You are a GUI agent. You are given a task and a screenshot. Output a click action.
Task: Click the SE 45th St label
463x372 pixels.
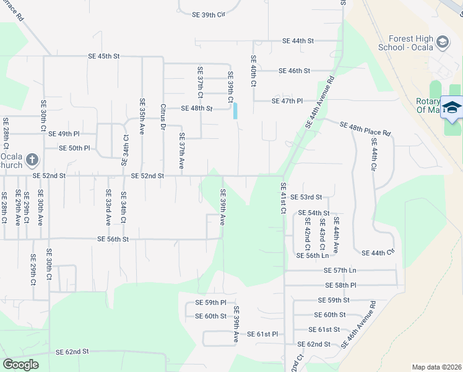tap(103, 56)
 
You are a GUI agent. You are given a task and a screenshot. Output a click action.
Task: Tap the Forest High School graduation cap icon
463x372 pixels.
tap(442, 43)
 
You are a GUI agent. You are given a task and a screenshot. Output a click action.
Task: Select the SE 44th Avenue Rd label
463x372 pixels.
tap(319, 103)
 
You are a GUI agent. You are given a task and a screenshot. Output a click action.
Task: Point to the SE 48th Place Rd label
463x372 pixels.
tap(365, 129)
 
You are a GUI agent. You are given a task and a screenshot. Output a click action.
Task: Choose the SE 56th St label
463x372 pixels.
tap(113, 239)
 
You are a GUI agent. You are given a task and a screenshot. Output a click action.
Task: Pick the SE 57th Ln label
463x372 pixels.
tap(340, 270)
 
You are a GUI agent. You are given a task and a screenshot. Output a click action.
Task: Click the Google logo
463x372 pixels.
tap(20, 365)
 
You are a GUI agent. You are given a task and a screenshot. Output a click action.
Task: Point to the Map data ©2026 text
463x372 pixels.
tap(436, 367)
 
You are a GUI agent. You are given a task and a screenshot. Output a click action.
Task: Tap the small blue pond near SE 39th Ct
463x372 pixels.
tap(235, 111)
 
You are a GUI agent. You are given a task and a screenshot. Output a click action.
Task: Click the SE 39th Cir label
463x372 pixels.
tap(209, 14)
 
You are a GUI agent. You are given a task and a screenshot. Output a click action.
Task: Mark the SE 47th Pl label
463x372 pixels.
tap(287, 100)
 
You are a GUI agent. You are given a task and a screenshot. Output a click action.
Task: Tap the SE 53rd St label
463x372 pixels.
tap(307, 197)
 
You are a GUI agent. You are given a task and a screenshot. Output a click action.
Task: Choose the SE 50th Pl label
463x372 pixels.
tap(74, 148)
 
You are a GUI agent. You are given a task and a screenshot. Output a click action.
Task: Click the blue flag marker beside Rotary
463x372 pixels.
tap(452, 107)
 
